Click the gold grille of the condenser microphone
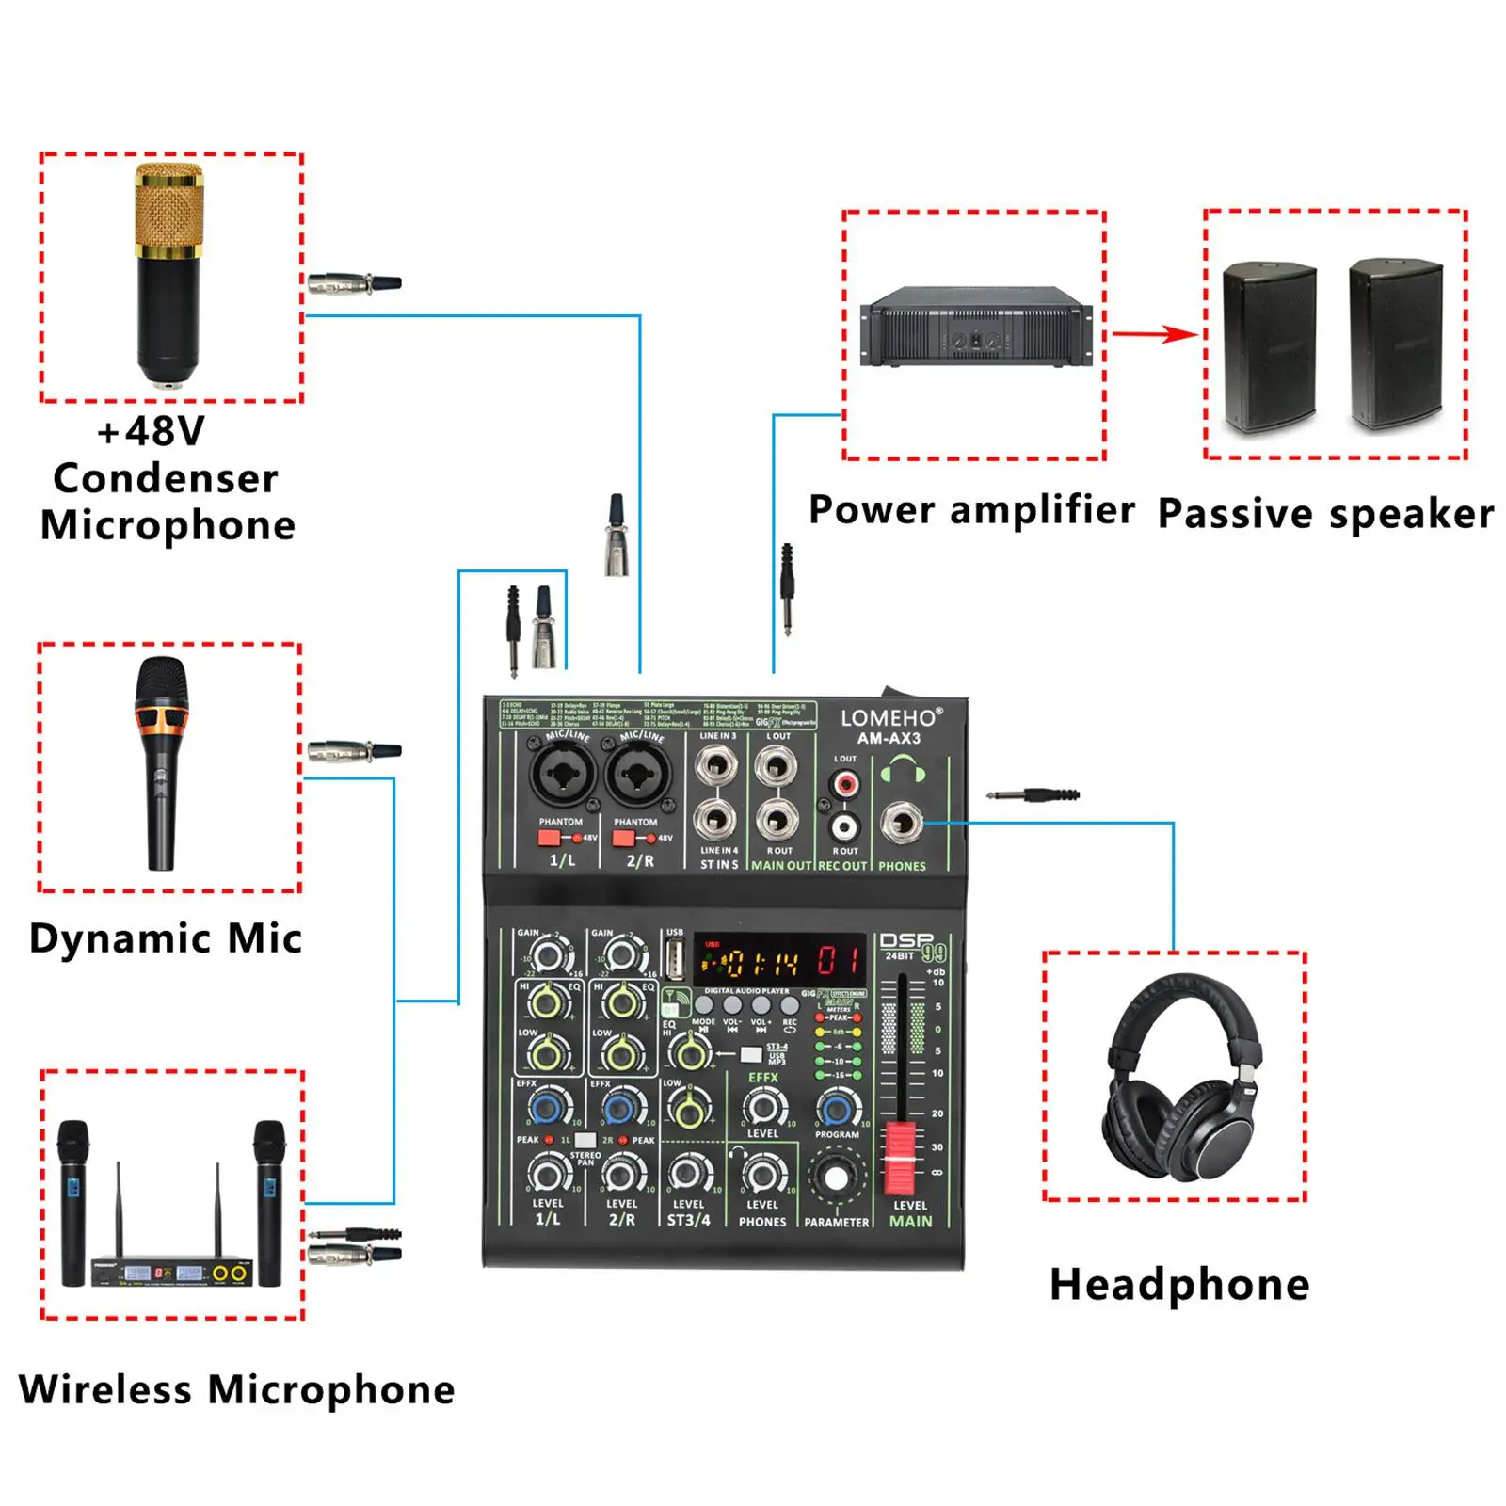(168, 210)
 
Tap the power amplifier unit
(976, 326)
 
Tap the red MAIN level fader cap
(901, 1157)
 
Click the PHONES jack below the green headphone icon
(902, 824)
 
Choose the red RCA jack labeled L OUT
(845, 783)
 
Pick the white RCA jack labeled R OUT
(845, 827)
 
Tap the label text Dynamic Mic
(166, 938)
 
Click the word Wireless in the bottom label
(104, 1389)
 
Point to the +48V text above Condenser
(151, 432)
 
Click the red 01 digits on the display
(838, 961)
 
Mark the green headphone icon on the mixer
(903, 770)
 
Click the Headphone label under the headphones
(1178, 1285)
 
